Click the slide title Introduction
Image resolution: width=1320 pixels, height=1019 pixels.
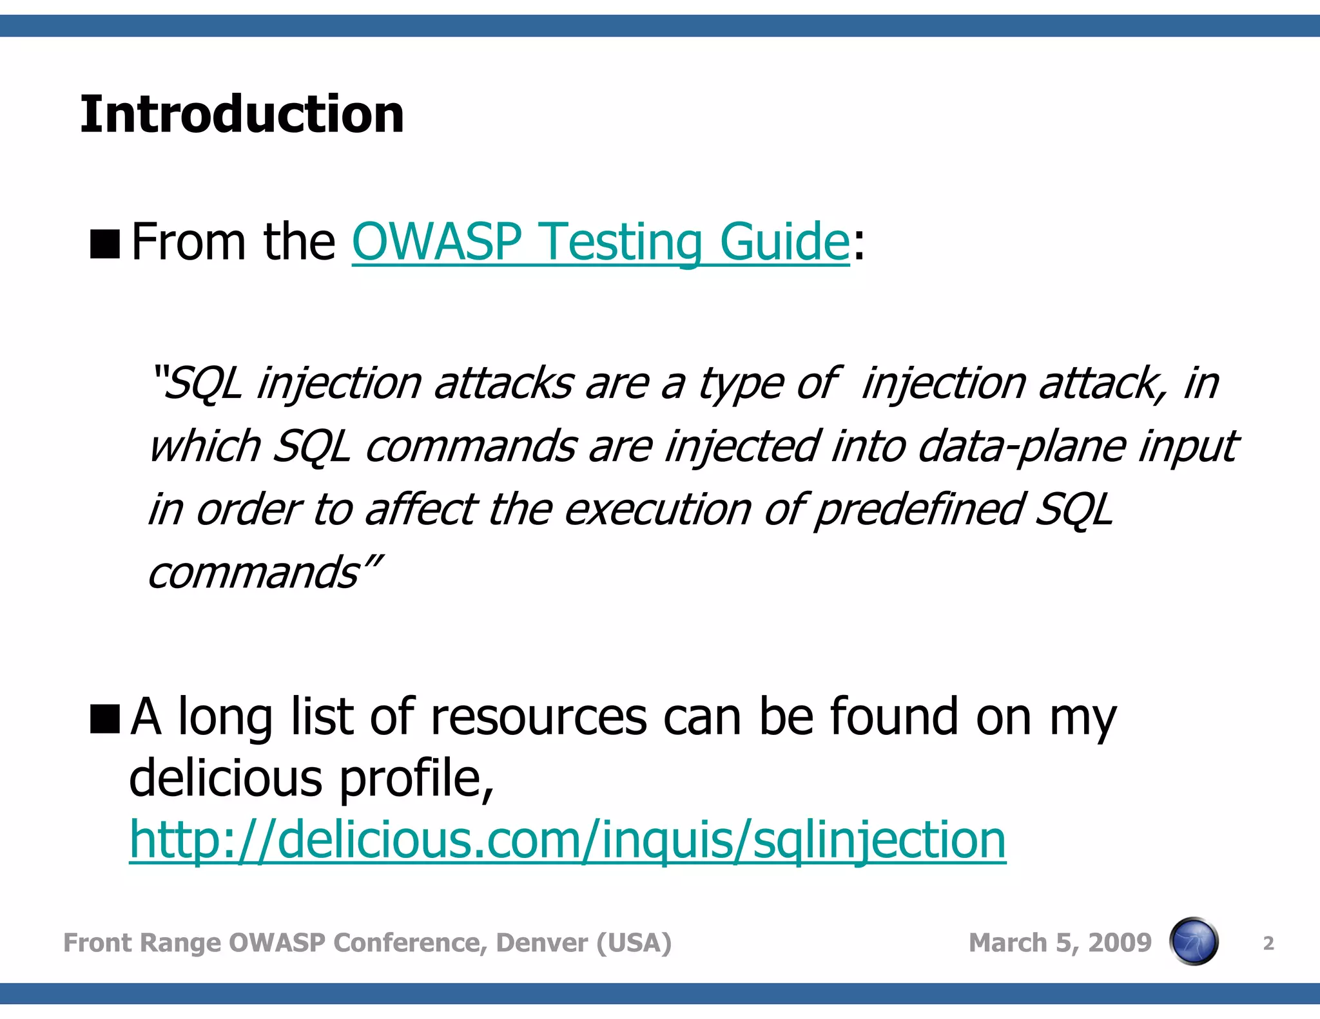242,115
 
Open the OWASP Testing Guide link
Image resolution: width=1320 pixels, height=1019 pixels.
601,242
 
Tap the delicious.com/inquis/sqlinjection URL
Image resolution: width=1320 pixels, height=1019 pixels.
567,840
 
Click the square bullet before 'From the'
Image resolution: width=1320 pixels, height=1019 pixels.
105,244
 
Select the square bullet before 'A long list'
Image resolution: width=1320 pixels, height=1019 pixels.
105,719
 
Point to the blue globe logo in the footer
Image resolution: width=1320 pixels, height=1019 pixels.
1194,942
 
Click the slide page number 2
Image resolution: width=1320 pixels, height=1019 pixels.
1268,944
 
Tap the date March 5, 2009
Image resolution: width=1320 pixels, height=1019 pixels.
1060,943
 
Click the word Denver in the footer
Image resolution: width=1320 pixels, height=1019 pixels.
541,943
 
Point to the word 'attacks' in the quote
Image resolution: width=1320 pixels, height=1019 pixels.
503,384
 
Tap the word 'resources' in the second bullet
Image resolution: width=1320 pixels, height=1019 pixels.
539,718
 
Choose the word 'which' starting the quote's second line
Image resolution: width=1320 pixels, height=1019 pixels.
205,446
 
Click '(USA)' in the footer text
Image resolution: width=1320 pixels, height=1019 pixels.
634,943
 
